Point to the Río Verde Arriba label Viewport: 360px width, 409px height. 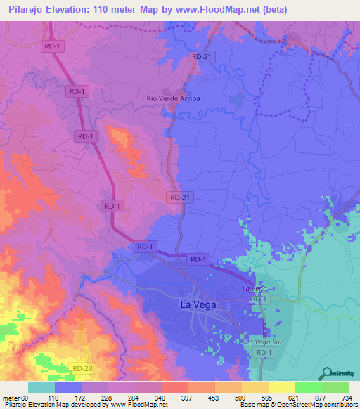click(x=173, y=98)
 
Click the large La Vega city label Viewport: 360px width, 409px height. click(x=198, y=305)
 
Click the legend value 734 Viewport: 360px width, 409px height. click(x=347, y=398)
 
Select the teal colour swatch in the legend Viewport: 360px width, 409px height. click(x=41, y=387)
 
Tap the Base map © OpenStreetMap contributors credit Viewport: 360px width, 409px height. click(x=298, y=405)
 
